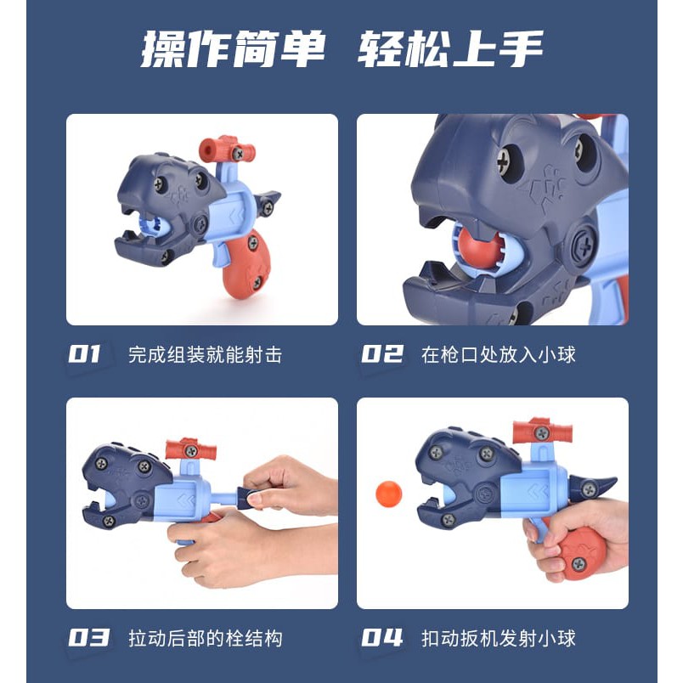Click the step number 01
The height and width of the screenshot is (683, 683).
point(84,353)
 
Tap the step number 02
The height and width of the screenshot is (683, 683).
point(382,353)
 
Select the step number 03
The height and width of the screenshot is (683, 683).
point(89,638)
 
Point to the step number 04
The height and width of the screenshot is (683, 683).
point(382,638)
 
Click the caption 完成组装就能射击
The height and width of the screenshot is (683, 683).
point(206,354)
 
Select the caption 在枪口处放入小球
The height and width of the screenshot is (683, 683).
point(499,354)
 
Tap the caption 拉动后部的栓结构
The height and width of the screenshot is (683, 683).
point(206,639)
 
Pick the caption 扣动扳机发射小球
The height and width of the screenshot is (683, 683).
point(499,639)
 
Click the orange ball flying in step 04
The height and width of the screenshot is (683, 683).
point(388,494)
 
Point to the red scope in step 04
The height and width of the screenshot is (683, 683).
point(541,432)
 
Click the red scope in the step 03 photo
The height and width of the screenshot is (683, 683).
point(191,450)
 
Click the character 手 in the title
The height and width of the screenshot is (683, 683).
point(521,49)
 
